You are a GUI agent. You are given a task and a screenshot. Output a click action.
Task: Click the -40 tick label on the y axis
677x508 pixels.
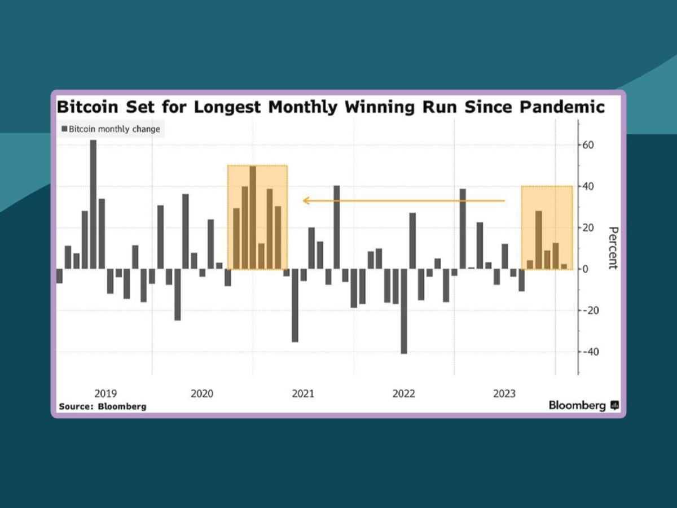[x=590, y=352]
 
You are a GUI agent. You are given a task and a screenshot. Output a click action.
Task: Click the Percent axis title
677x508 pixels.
[x=613, y=248]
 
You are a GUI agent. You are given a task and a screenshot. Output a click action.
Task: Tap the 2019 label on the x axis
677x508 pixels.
[x=105, y=393]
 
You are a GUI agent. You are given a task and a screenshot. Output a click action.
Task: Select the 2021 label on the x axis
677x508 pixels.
[x=303, y=393]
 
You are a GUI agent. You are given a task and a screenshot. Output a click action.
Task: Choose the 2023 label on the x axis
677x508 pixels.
[x=504, y=393]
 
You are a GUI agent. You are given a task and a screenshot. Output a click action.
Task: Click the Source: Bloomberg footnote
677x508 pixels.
[x=103, y=406]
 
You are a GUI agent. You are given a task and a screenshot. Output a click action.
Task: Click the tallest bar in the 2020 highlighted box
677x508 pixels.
[x=253, y=217]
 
